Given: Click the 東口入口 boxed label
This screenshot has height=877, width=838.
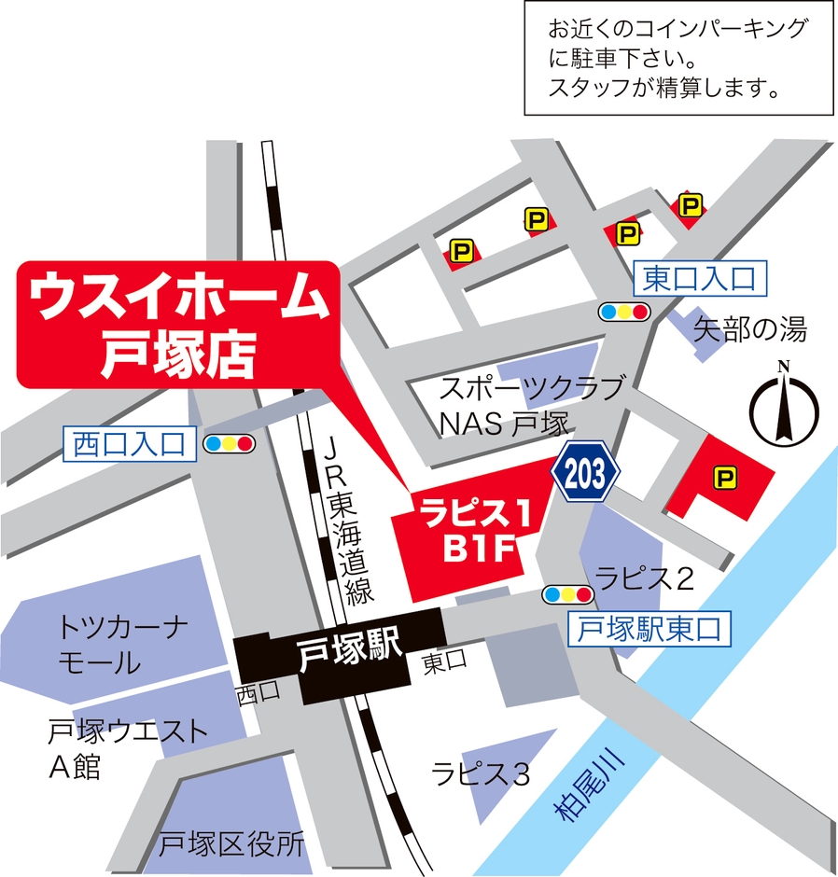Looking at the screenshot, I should [x=699, y=278].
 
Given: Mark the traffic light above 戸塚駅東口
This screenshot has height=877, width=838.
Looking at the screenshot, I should [x=567, y=594].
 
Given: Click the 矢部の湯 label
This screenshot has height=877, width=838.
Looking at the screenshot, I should [x=749, y=328].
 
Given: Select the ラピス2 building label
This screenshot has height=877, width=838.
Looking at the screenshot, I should [x=645, y=579].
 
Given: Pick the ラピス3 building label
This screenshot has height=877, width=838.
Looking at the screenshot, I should [x=480, y=773].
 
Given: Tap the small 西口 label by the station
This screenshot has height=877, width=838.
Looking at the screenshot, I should [x=258, y=692].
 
